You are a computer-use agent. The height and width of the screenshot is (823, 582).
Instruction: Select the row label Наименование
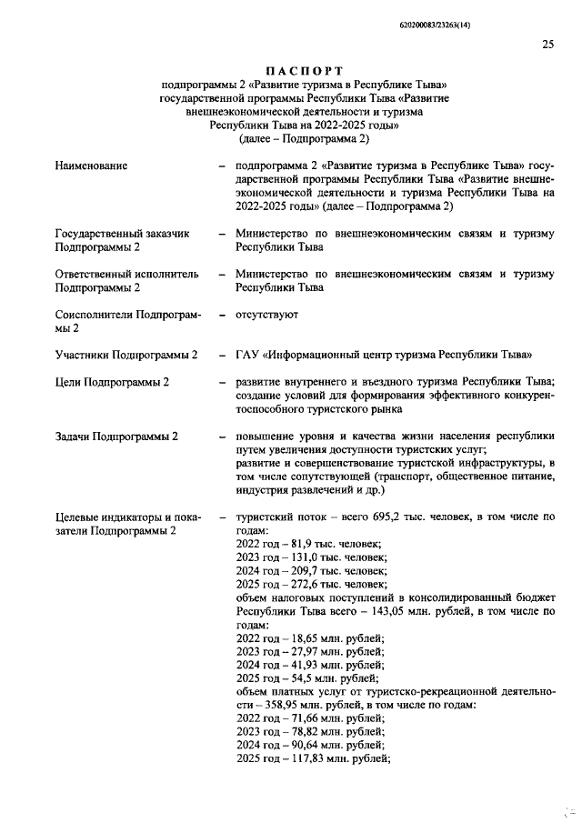(x=91, y=166)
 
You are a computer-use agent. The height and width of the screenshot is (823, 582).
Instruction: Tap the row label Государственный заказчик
(x=122, y=234)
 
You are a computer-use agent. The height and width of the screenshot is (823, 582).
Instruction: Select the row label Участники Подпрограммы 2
(x=126, y=354)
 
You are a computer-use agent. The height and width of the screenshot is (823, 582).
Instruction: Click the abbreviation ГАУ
(x=246, y=354)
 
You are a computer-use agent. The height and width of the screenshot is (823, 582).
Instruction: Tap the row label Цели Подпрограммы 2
(x=112, y=382)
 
